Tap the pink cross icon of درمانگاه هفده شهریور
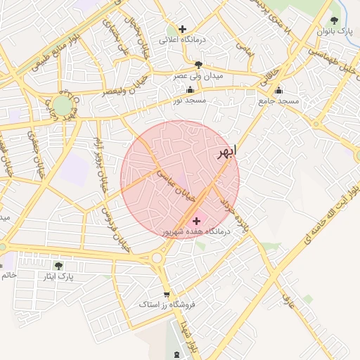(195, 221)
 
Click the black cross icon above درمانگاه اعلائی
(183, 30)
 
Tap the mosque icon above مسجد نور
(190, 90)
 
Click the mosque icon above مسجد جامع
(278, 90)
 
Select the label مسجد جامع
(278, 101)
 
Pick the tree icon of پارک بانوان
(334, 20)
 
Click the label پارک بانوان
(334, 32)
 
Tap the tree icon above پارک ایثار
(58, 265)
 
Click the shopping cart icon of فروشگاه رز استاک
(166, 294)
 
